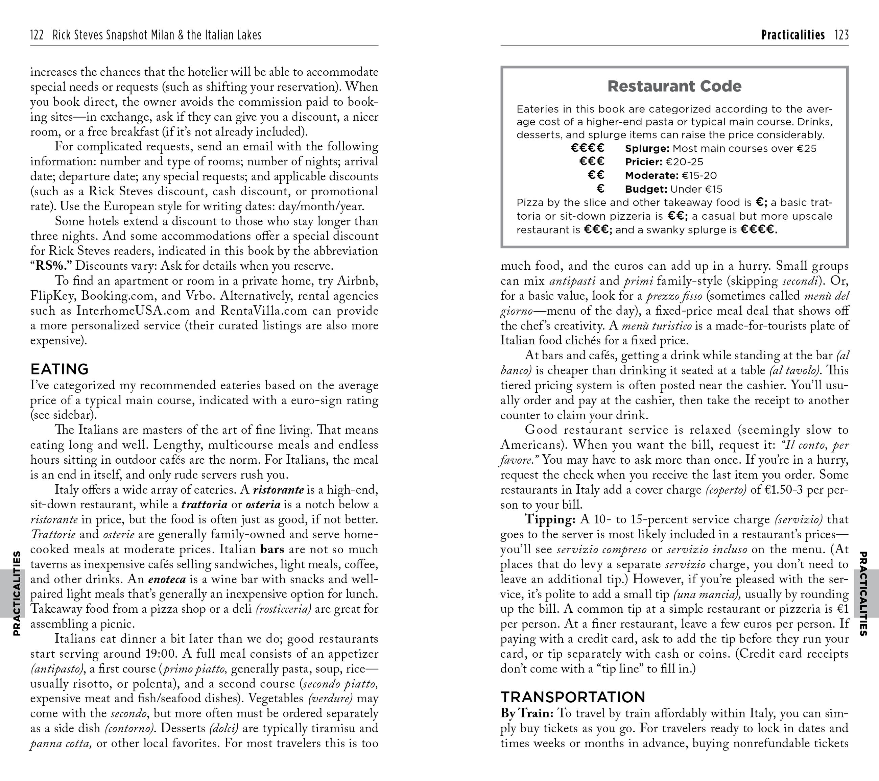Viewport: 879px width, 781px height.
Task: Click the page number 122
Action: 37,35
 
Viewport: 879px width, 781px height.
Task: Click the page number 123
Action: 841,35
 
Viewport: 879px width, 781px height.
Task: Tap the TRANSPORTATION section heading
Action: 573,697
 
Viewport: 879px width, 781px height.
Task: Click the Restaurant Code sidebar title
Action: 674,87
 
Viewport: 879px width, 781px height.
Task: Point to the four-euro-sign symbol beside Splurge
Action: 588,148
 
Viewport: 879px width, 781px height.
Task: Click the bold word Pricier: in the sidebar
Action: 644,162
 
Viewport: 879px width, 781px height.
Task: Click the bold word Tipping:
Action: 550,520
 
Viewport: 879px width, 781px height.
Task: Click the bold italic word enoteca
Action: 167,579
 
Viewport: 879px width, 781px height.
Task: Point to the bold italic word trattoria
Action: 204,505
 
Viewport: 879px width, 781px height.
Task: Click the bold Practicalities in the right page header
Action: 792,35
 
